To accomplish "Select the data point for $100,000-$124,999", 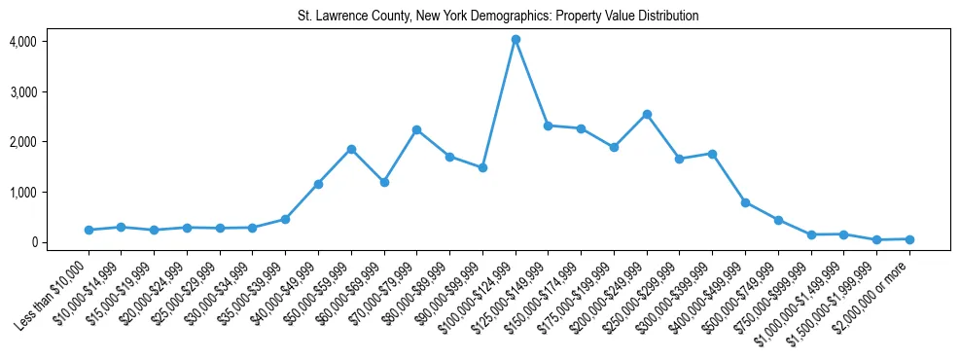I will tap(516, 40).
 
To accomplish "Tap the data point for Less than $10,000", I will tap(89, 230).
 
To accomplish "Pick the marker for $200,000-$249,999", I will tap(647, 114).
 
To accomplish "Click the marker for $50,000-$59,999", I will tap(351, 149).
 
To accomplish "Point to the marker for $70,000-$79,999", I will tap(416, 129).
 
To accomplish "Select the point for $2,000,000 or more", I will tap(909, 238).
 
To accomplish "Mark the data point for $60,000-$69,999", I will tap(384, 182).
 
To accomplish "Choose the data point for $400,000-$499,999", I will tap(745, 202).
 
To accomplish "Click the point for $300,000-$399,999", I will tap(712, 154).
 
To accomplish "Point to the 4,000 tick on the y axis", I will tap(22, 42).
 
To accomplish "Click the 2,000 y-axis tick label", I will tap(22, 142).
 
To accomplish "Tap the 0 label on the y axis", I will tap(31, 242).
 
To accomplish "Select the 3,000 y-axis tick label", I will tap(22, 91).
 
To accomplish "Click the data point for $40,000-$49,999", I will tap(318, 184).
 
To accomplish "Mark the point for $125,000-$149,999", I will tap(549, 126).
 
